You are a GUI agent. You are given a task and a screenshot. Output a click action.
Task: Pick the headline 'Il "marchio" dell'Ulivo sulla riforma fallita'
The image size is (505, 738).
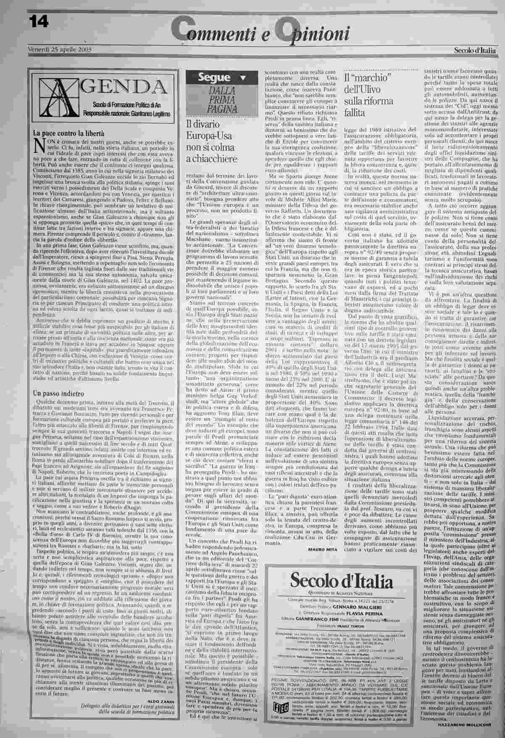pos(368,95)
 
